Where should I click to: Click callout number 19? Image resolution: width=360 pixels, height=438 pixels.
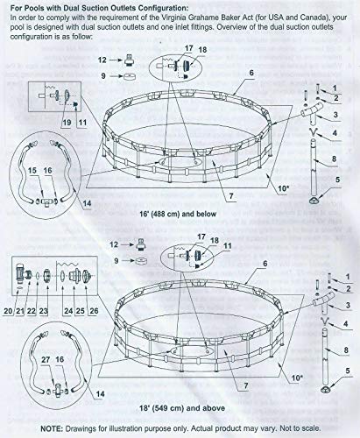pos(67,122)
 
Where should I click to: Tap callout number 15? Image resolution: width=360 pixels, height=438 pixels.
pos(32,171)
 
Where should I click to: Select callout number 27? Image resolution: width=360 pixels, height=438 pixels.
pos(46,359)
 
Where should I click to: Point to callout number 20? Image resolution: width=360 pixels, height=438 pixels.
pos(9,311)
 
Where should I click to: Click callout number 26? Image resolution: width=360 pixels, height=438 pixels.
pos(94,311)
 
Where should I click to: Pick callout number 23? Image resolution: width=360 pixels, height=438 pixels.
pos(44,311)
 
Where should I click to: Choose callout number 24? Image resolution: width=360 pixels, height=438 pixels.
pos(68,311)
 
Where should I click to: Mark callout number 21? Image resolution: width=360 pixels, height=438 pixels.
pos(20,311)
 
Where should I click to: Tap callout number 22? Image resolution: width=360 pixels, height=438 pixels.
pos(32,311)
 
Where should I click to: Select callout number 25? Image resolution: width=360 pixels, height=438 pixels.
pos(81,311)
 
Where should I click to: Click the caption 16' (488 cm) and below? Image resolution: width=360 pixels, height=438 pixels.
pos(182,214)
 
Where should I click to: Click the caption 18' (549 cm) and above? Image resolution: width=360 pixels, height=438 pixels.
pos(182,408)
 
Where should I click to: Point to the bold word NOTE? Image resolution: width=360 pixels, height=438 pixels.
pos(52,428)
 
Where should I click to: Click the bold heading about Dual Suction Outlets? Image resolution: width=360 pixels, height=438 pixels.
pos(100,8)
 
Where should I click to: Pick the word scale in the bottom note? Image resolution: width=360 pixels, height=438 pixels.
pos(311,428)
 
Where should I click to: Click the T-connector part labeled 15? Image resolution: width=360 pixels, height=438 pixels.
pos(47,201)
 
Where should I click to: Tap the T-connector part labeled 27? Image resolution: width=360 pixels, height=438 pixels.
pos(58,391)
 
